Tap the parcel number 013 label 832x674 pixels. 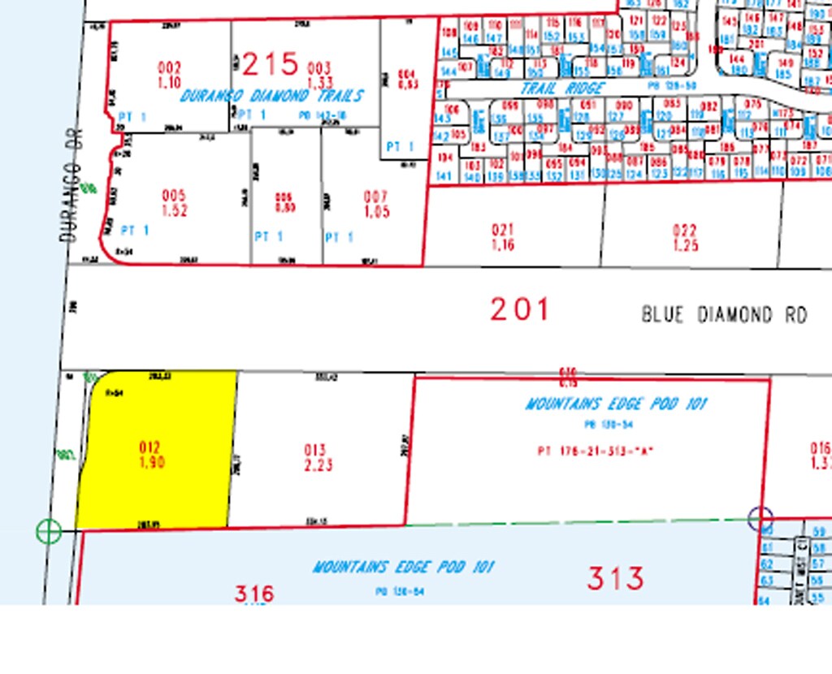point(315,451)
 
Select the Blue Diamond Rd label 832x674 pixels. point(724,314)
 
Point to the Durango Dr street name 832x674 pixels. point(71,192)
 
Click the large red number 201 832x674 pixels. point(520,309)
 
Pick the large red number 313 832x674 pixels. point(616,578)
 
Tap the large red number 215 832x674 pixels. point(271,63)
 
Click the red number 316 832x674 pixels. point(254,594)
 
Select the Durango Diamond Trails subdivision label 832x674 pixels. point(271,96)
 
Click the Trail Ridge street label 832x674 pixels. point(563,88)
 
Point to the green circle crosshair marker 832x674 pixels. point(49,532)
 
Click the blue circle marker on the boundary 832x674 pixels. point(760,517)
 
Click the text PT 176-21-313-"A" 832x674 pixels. point(596,451)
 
